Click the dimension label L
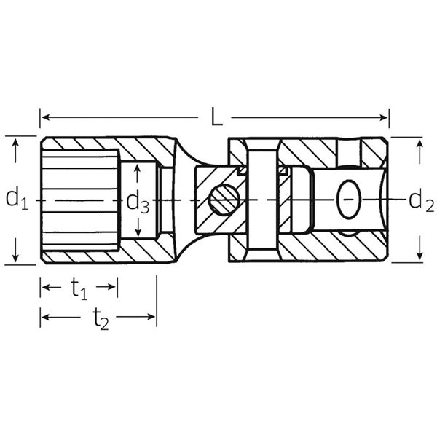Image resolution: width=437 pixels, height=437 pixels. (216, 117)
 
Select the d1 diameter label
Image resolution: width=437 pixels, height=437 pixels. (17, 198)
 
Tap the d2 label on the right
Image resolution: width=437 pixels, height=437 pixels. (421, 202)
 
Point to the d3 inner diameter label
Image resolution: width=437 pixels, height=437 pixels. (138, 202)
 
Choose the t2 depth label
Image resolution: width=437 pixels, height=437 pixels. (101, 318)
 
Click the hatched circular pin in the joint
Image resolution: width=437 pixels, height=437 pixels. (224, 200)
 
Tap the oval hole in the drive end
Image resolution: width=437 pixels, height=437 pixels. (349, 199)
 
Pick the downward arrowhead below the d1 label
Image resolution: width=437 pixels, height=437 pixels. (15, 258)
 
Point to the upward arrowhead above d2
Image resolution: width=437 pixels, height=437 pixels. (420, 143)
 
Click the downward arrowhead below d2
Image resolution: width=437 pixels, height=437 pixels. (420, 256)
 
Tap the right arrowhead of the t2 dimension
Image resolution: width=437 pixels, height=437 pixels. (151, 317)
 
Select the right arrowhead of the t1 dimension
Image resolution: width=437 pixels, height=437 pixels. (112, 287)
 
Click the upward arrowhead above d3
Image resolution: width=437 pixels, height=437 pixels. (137, 168)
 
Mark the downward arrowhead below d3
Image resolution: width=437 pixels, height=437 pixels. (138, 232)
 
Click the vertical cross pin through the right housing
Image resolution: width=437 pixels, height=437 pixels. (262, 200)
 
